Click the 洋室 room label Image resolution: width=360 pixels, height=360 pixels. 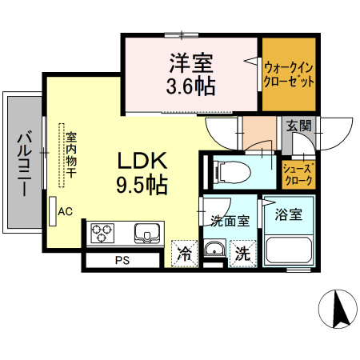click(x=189, y=60)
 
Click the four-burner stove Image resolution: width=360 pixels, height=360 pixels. click(x=103, y=233)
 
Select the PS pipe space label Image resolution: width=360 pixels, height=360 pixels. click(x=122, y=261)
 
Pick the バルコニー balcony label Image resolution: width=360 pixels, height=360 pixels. click(x=22, y=163)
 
